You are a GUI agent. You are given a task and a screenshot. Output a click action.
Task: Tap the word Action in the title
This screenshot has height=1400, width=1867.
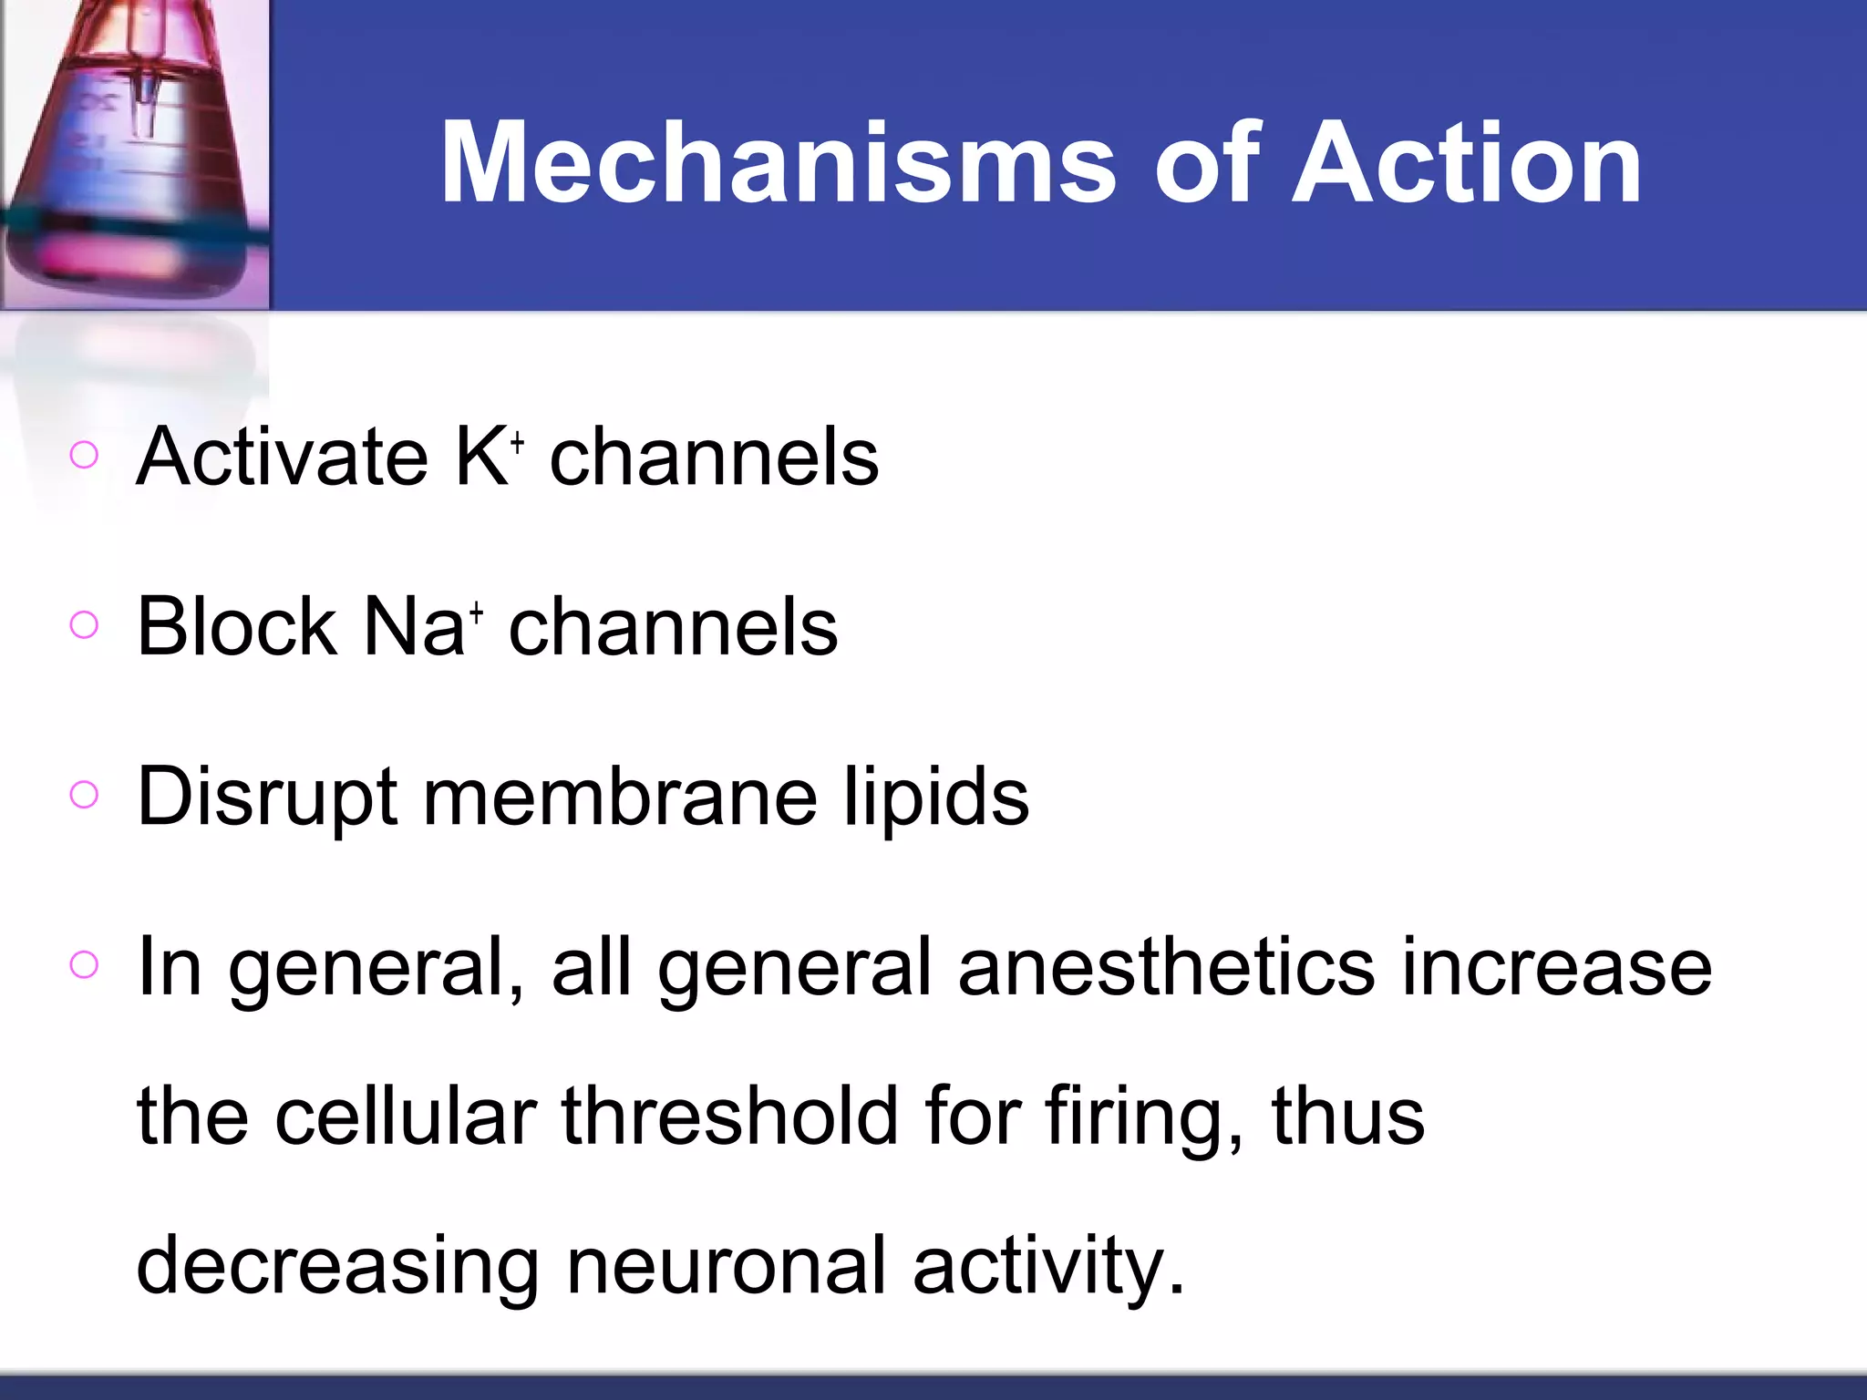click(x=1467, y=164)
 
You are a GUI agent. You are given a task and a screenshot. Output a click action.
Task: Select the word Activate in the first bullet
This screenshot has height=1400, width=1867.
click(x=282, y=457)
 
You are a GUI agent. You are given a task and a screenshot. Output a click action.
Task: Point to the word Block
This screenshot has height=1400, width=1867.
click(x=236, y=627)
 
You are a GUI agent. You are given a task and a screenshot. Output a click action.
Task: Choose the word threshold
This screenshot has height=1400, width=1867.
click(x=730, y=1117)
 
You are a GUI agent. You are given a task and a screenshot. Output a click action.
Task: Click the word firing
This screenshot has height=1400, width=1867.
click(x=1140, y=1117)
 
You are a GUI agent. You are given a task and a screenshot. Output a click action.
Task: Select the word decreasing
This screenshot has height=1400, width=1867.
click(x=337, y=1267)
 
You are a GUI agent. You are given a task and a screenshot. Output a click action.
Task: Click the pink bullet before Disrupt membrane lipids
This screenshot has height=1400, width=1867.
click(x=84, y=795)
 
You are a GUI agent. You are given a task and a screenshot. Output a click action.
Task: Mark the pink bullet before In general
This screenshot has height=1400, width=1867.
click(x=84, y=964)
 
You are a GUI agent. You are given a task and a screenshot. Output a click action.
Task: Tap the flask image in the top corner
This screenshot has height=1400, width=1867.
click(x=135, y=155)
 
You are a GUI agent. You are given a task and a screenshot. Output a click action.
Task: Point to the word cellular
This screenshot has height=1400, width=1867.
click(x=406, y=1117)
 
